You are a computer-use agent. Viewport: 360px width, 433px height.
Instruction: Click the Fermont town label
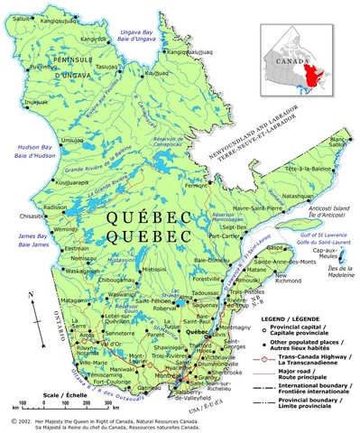click(198, 186)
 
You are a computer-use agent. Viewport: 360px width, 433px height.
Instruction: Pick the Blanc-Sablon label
click(339, 142)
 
